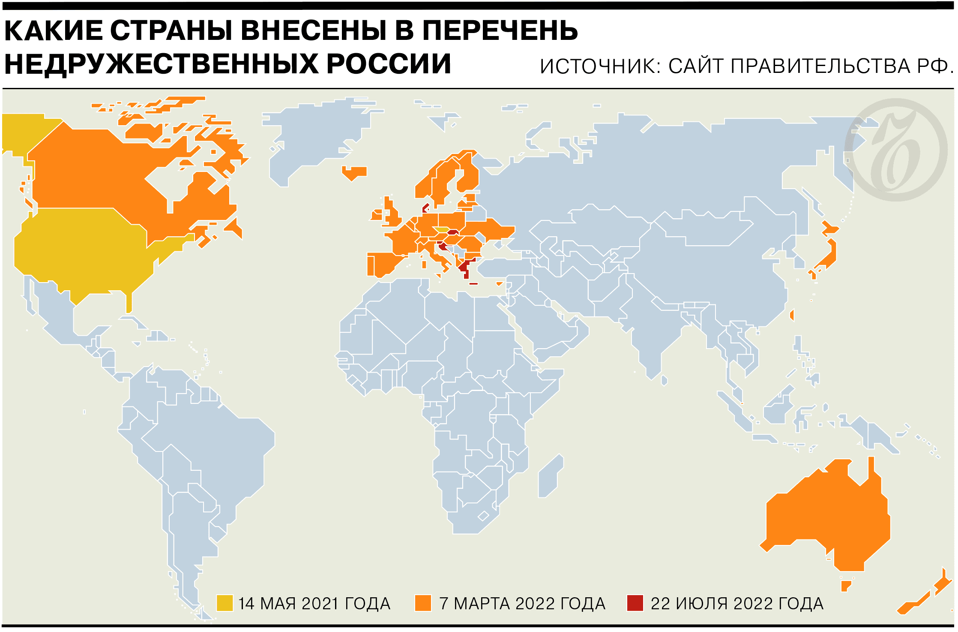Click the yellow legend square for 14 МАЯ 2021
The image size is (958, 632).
coord(225,603)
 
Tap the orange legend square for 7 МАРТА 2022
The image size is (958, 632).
coord(423,603)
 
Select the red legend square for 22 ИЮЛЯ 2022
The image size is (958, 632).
coord(635,603)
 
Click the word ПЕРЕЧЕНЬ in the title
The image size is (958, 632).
coord(500,31)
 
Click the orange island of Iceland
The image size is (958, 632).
coord(354,172)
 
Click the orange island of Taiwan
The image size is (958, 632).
coord(792,315)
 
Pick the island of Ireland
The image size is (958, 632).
coord(377,215)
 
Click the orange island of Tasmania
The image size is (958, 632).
coord(845,586)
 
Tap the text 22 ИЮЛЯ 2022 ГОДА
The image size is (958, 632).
coord(736,604)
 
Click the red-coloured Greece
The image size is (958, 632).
coord(464,268)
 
